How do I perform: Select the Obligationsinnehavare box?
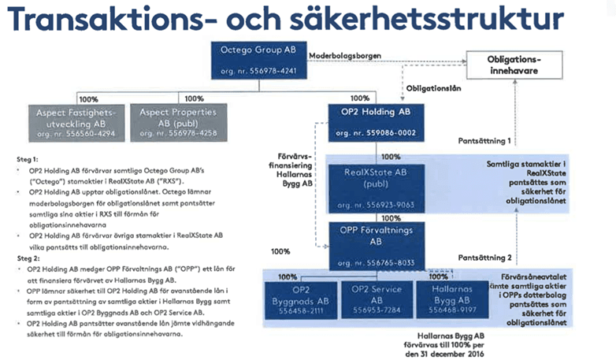coord(514,66)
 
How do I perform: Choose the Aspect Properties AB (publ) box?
coord(171,124)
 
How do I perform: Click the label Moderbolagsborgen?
coord(347,57)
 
